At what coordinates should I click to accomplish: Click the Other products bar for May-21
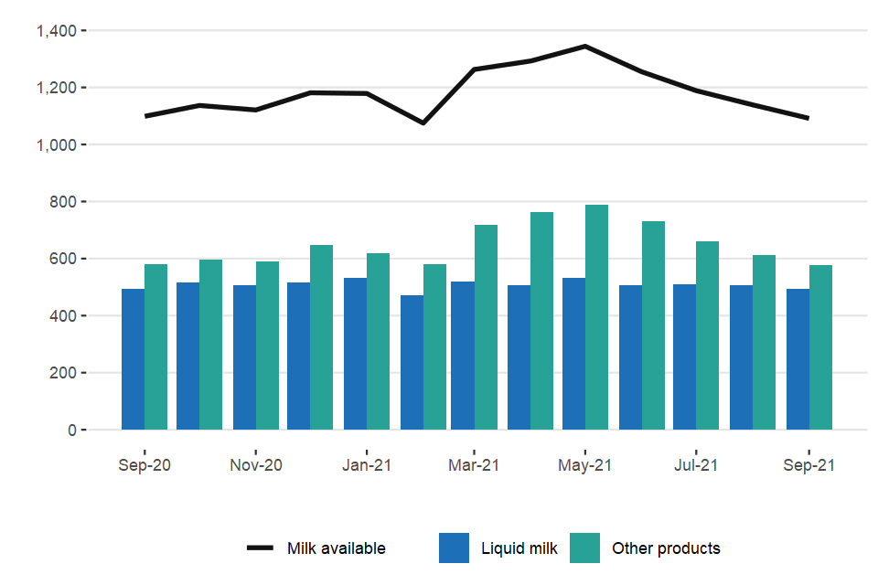click(x=597, y=317)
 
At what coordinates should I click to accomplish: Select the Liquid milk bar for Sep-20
click(x=133, y=359)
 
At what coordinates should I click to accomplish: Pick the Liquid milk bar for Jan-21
click(x=355, y=354)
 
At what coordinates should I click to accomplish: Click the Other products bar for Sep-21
click(x=820, y=347)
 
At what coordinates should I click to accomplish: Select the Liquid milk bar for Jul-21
click(x=685, y=356)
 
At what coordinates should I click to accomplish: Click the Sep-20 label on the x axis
click(x=145, y=465)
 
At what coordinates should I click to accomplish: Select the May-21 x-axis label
click(x=585, y=465)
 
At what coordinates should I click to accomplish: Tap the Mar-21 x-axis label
click(x=475, y=465)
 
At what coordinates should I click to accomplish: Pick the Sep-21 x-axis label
click(x=808, y=465)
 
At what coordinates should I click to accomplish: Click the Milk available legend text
click(x=336, y=548)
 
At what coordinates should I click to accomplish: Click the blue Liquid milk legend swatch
click(x=454, y=548)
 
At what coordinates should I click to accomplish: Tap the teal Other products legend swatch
click(x=585, y=548)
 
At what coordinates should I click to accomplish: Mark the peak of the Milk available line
click(x=585, y=46)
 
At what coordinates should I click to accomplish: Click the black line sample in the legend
click(x=261, y=548)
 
